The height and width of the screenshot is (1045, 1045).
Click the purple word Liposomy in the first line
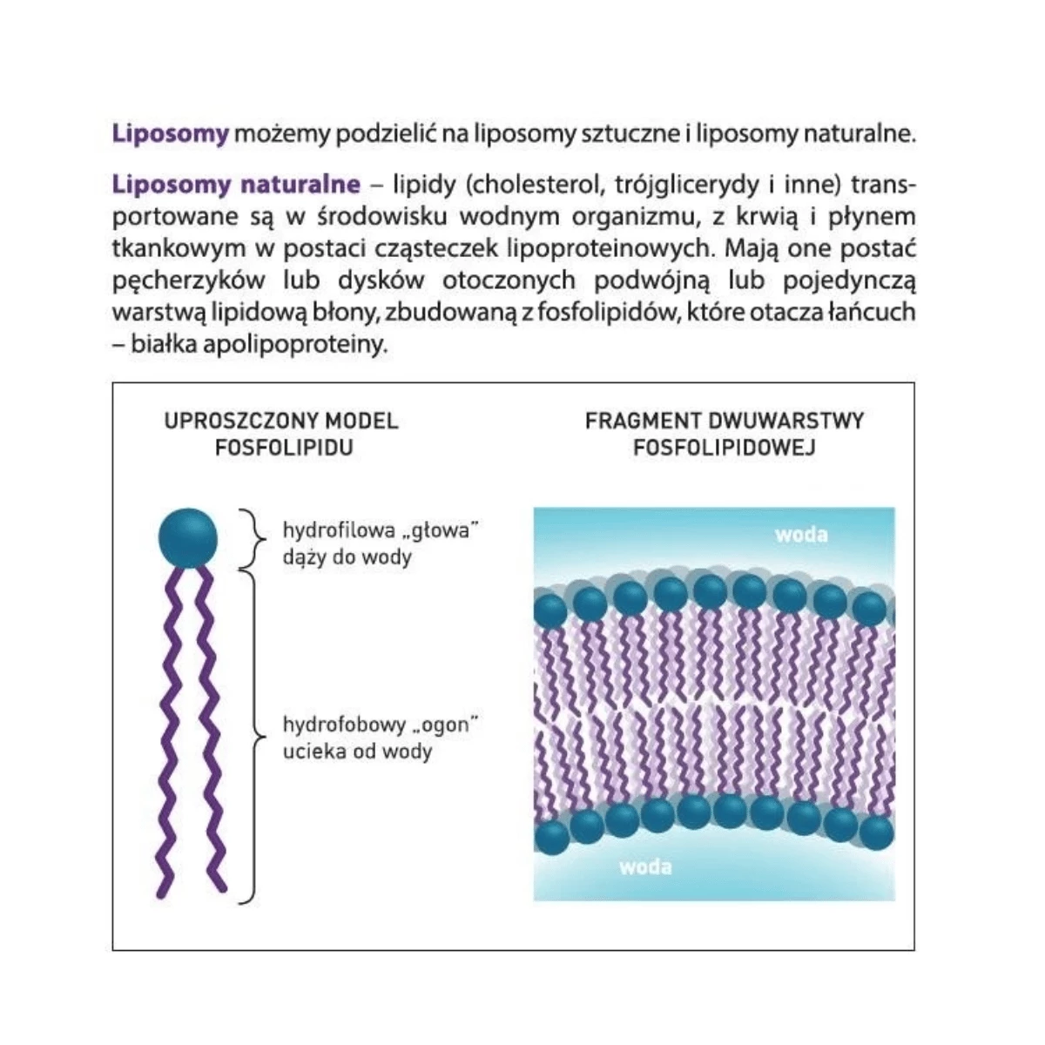click(x=171, y=134)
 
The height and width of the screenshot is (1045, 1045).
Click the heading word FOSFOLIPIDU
click(x=284, y=448)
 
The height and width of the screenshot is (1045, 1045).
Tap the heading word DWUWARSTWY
click(x=785, y=421)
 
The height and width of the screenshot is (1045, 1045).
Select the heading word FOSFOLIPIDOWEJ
click(x=725, y=448)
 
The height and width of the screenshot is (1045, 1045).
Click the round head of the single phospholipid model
click(x=187, y=538)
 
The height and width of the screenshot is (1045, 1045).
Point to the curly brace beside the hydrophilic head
click(x=253, y=539)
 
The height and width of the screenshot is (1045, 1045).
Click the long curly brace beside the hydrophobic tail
click(x=253, y=737)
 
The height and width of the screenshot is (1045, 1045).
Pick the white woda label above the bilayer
click(x=801, y=536)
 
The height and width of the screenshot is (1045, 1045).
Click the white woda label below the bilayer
click(x=645, y=867)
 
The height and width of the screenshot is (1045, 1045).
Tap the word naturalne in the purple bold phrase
click(x=300, y=185)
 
